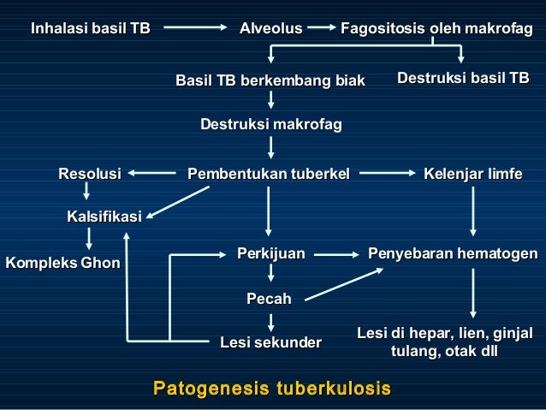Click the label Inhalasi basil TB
[x=91, y=29]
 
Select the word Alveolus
[x=270, y=29]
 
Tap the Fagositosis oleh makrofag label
[x=436, y=29]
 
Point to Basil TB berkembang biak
[x=270, y=81]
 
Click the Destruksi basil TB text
[x=463, y=80]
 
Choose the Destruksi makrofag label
[x=270, y=125]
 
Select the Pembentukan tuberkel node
[x=269, y=175]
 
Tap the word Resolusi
[x=89, y=175]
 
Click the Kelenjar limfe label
[x=472, y=175]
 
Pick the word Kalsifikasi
[x=104, y=217]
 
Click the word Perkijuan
[x=270, y=253]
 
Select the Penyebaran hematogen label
[x=453, y=253]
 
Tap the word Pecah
[x=269, y=299]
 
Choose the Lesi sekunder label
[x=270, y=343]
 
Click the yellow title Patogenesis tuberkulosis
[x=271, y=389]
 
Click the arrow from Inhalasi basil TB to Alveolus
[x=194, y=29]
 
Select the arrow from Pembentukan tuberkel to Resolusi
[x=153, y=175]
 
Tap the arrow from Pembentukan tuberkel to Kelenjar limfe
[x=386, y=175]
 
